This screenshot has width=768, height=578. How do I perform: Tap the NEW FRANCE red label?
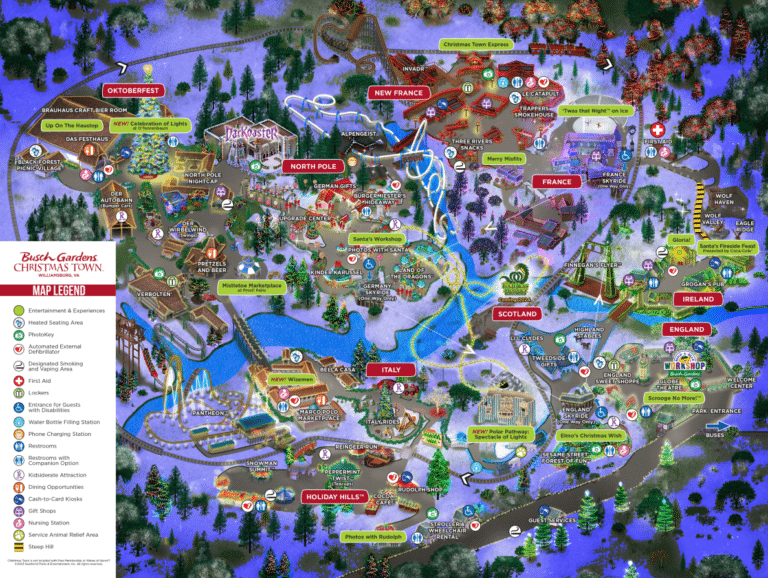coord(398,93)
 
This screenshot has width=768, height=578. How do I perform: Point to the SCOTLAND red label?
coord(517,314)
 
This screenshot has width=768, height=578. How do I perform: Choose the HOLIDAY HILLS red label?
coord(334,496)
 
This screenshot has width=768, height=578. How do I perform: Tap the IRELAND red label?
coord(692,299)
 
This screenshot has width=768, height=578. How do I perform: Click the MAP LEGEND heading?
coord(57,290)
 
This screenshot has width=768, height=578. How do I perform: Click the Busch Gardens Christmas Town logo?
coord(57,263)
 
